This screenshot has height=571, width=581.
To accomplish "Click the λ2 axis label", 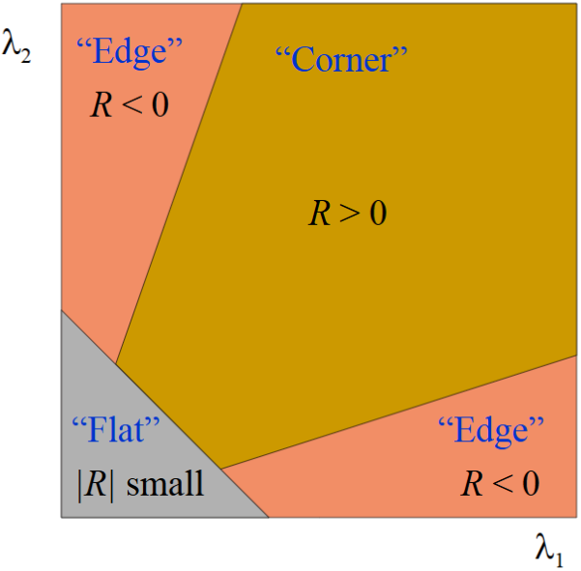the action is [x=16, y=46].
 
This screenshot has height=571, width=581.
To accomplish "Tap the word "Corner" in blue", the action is [x=341, y=59].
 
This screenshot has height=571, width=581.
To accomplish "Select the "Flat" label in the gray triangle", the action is [x=116, y=430].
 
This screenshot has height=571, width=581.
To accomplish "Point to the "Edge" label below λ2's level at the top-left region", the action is [x=130, y=52].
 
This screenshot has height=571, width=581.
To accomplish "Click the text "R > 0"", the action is [x=348, y=213].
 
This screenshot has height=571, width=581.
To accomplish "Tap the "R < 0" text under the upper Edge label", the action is [x=130, y=104].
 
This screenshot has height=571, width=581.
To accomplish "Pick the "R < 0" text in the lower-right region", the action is [x=500, y=483].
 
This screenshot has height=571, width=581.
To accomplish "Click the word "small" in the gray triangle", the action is [x=165, y=483].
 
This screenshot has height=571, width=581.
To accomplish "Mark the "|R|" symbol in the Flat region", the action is [x=96, y=485].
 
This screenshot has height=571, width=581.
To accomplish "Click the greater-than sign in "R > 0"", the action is [x=349, y=214].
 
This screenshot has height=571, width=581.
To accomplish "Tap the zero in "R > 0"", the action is [x=378, y=213].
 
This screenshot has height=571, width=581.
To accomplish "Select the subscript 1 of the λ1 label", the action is [x=559, y=560].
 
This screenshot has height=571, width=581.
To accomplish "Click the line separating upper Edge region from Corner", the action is [x=179, y=184].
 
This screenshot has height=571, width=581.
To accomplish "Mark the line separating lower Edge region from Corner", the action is [x=399, y=413].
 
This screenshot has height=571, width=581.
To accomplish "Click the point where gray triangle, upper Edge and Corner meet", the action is [x=116, y=364].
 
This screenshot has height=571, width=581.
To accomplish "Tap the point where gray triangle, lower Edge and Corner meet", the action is [x=221, y=470].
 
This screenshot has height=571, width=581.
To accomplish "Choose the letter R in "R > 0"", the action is [x=319, y=213].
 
